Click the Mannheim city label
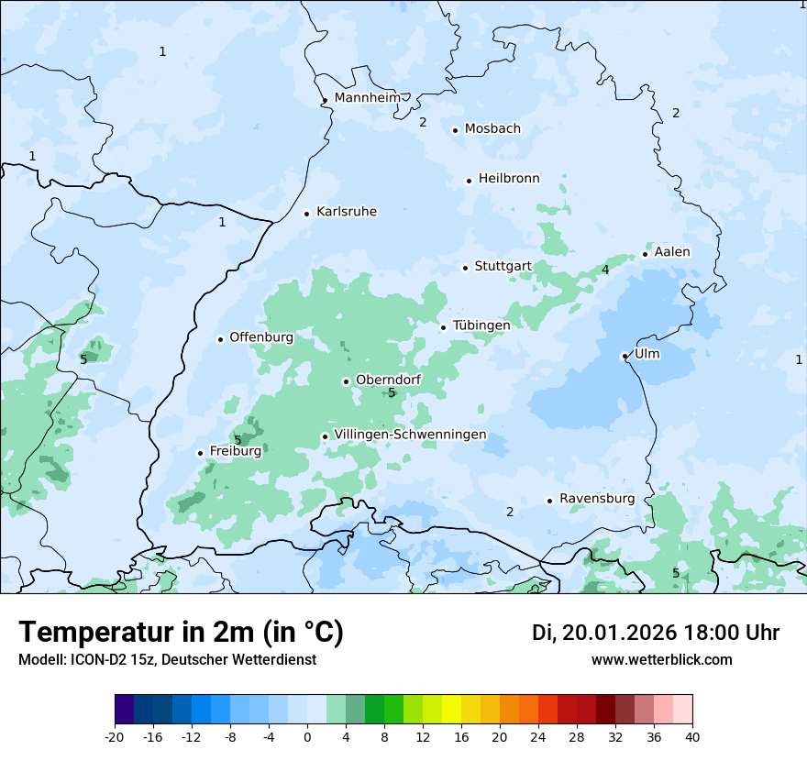coord(368,98)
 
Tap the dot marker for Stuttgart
coord(465,268)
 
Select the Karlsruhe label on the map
coord(346,212)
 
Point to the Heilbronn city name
coord(509,179)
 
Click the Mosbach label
coord(492,129)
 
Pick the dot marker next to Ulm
coord(625,356)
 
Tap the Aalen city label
coord(672,252)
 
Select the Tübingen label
coord(481,325)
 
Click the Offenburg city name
coord(261,337)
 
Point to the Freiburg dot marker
coord(200,453)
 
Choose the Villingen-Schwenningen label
coord(410,435)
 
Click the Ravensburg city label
coord(597,499)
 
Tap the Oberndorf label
coord(388,380)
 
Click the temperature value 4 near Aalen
coord(605,270)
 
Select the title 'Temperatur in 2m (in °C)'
coord(181,633)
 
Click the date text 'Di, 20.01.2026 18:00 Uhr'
coord(656,633)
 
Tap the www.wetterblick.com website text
coord(661,660)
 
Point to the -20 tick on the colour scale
coord(115,736)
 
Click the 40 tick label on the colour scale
coord(691,736)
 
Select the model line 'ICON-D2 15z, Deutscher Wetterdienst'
coord(167,660)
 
